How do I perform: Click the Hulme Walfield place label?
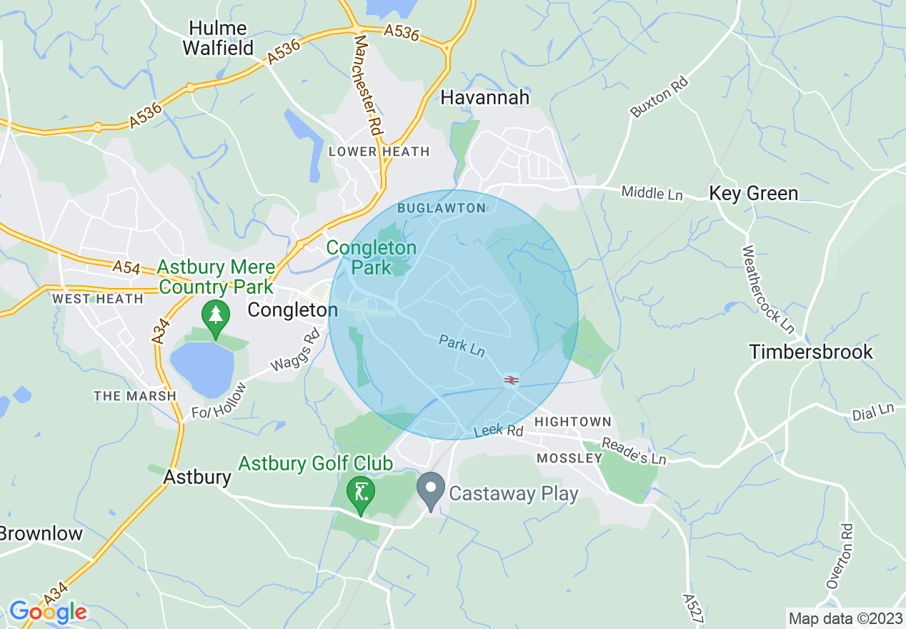[218, 38]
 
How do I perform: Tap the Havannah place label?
[485, 97]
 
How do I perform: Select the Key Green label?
[753, 193]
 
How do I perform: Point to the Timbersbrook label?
[811, 352]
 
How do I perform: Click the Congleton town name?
[292, 309]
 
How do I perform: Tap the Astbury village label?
[197, 477]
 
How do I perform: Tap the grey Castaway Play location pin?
[431, 492]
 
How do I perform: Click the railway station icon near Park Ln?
[511, 380]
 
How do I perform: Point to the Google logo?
[48, 612]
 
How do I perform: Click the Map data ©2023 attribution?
[844, 618]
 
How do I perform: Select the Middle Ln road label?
[652, 192]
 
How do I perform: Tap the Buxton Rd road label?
[659, 97]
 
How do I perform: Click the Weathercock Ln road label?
[768, 289]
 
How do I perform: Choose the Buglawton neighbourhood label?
[441, 208]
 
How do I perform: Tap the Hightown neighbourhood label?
[573, 422]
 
